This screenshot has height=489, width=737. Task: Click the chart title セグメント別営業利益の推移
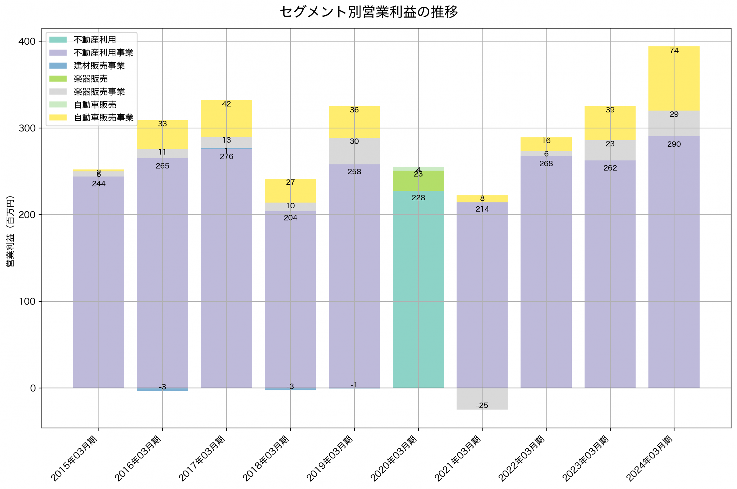tap(368, 12)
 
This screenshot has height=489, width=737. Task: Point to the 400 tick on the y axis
tap(27, 41)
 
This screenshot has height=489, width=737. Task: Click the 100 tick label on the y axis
tap(27, 301)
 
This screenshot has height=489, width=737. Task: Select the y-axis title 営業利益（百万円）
tap(10, 231)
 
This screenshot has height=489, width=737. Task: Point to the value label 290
tap(673, 144)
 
